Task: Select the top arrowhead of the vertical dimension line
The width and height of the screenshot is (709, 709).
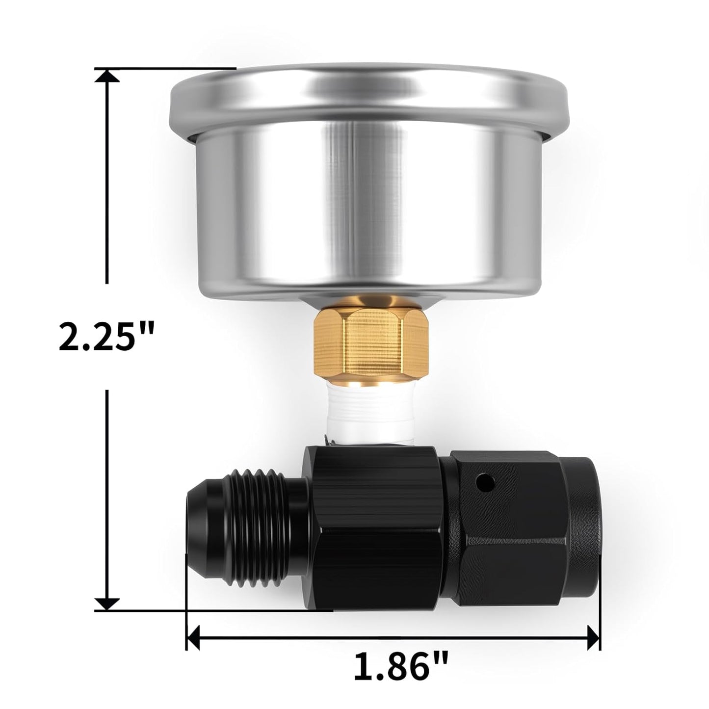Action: (x=106, y=75)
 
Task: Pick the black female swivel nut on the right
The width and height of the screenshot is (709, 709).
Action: (x=525, y=520)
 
